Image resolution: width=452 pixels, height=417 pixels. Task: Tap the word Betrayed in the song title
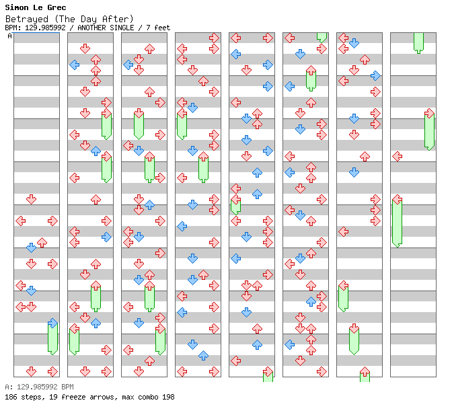[x=27, y=19]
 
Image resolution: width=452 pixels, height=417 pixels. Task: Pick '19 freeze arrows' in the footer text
[x=83, y=397]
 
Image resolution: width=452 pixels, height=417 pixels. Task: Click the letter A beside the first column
[x=9, y=36]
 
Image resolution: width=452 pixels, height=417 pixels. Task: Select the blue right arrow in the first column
[x=52, y=323]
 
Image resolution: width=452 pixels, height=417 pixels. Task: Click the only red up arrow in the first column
[x=42, y=242]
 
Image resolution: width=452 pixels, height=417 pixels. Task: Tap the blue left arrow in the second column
[x=75, y=65]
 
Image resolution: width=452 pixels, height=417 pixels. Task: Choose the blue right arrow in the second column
[x=107, y=237]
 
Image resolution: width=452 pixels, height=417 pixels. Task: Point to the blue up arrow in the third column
[x=149, y=205]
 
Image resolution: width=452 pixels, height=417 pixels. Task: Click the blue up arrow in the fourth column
[x=204, y=356]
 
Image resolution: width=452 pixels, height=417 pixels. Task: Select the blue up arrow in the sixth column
[x=311, y=302]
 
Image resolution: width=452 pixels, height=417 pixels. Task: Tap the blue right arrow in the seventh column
[x=375, y=75]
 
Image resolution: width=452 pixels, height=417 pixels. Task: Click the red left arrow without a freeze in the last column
[x=398, y=157]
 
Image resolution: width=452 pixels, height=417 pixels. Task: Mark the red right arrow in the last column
[x=430, y=113]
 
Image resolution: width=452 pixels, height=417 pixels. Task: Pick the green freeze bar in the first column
[x=52, y=339]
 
